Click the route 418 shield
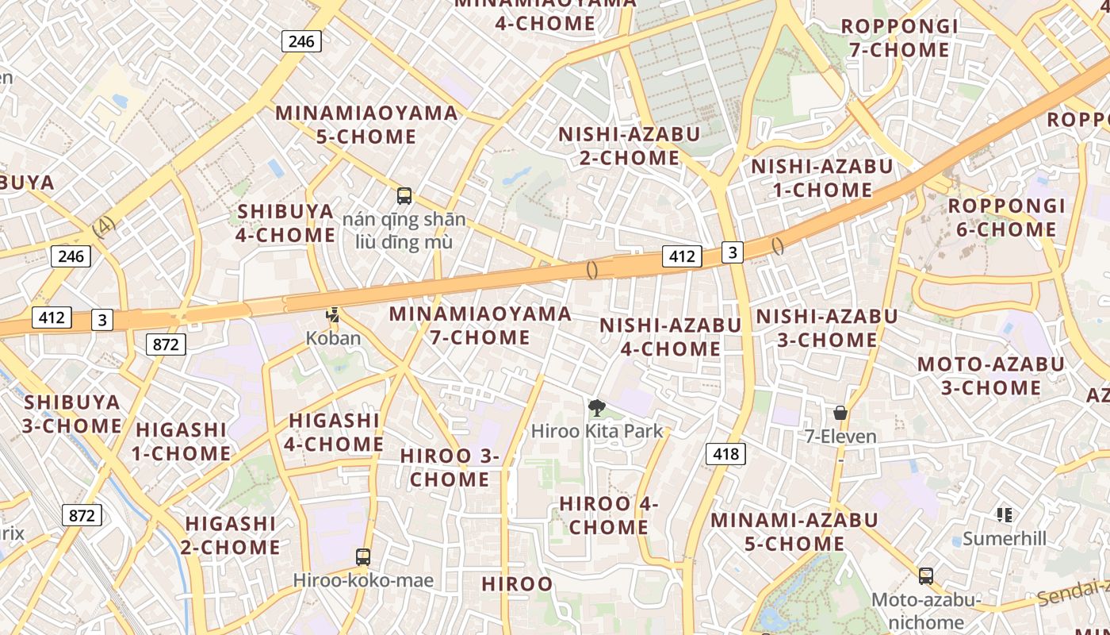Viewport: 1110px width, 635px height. click(x=725, y=454)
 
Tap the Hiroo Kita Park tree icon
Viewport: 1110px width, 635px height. click(x=596, y=408)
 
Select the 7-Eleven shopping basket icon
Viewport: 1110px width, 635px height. click(x=840, y=413)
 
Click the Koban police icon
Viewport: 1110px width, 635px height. click(x=333, y=315)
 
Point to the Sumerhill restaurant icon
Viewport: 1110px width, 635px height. click(x=1005, y=515)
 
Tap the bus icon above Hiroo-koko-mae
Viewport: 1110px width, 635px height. click(x=363, y=557)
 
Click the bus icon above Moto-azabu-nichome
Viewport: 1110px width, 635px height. click(x=925, y=576)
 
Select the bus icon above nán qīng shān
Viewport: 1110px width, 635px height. click(x=404, y=195)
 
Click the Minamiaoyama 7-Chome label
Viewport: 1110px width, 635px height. click(x=480, y=325)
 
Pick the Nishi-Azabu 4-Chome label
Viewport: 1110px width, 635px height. click(x=671, y=337)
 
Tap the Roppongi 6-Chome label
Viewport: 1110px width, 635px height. click(x=1007, y=217)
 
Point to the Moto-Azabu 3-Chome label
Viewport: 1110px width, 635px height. click(x=990, y=376)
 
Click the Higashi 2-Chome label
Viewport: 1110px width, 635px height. click(x=231, y=535)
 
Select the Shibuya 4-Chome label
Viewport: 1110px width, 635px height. click(x=286, y=223)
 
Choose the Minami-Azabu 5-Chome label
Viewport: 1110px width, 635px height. click(x=794, y=532)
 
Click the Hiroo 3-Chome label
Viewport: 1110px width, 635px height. click(x=450, y=468)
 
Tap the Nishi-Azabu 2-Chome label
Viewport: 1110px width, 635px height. click(x=630, y=145)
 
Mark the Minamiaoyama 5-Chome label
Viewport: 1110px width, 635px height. click(x=366, y=125)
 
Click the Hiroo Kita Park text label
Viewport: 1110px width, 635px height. click(x=597, y=432)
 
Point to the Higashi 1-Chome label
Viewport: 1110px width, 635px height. click(x=182, y=441)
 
